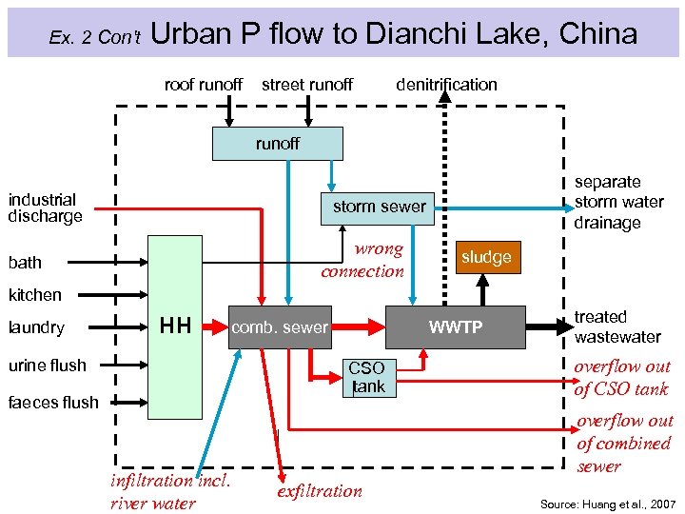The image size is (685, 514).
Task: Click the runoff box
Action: coord(277,144)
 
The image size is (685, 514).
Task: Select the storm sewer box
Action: coord(378,207)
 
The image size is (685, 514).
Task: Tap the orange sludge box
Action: coord(486,257)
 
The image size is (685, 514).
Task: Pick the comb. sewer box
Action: coord(281,327)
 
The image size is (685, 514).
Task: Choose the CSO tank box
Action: coord(366,377)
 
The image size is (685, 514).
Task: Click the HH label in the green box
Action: coord(175,326)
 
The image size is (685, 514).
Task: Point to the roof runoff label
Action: coord(203,85)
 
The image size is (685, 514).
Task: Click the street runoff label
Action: coord(306,85)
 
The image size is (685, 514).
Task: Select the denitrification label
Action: coord(446,85)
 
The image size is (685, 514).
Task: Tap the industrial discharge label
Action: coord(45,208)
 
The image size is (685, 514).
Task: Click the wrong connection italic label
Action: coord(362,260)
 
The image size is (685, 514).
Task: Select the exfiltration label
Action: coord(319,491)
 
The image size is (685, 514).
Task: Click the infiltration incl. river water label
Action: coord(170,491)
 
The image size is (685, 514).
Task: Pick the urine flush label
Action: coord(47,365)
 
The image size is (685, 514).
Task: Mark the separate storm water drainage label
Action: coord(618,202)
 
